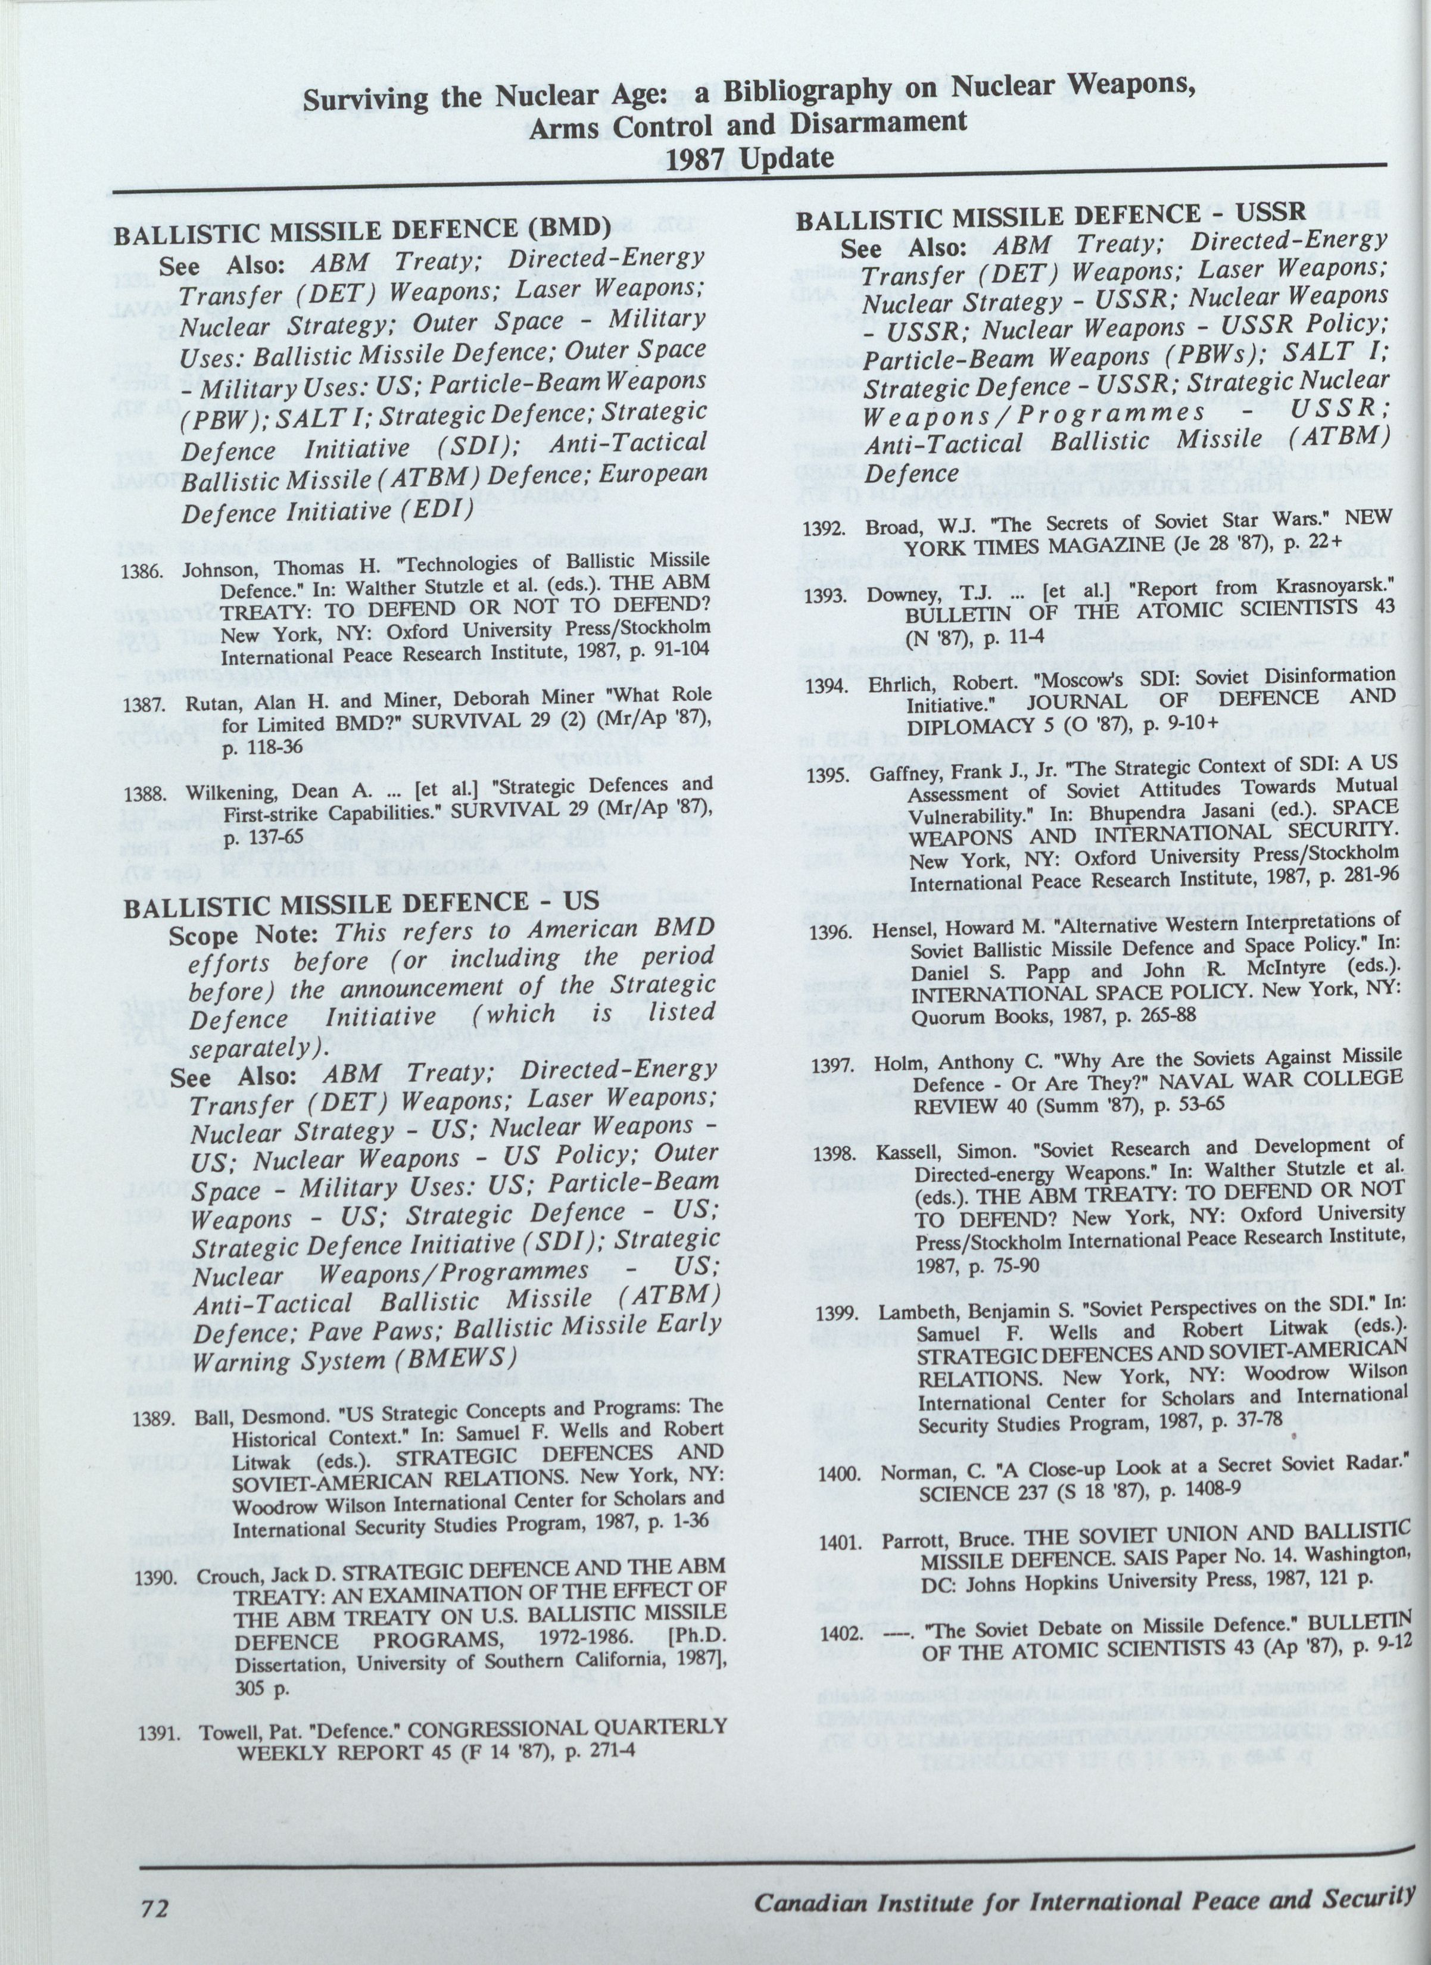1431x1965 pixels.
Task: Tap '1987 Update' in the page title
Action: (747, 158)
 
